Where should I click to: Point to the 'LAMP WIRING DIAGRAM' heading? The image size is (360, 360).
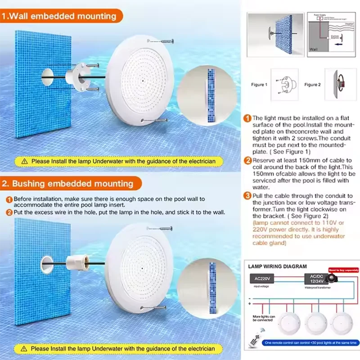[278, 266]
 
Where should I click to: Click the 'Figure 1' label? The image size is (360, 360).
[258, 85]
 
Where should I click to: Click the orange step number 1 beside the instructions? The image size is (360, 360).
[247, 119]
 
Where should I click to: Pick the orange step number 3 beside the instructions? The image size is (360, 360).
[247, 196]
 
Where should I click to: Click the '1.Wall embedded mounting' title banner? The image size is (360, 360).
[63, 17]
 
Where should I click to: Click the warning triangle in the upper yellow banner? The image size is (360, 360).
[25, 161]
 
